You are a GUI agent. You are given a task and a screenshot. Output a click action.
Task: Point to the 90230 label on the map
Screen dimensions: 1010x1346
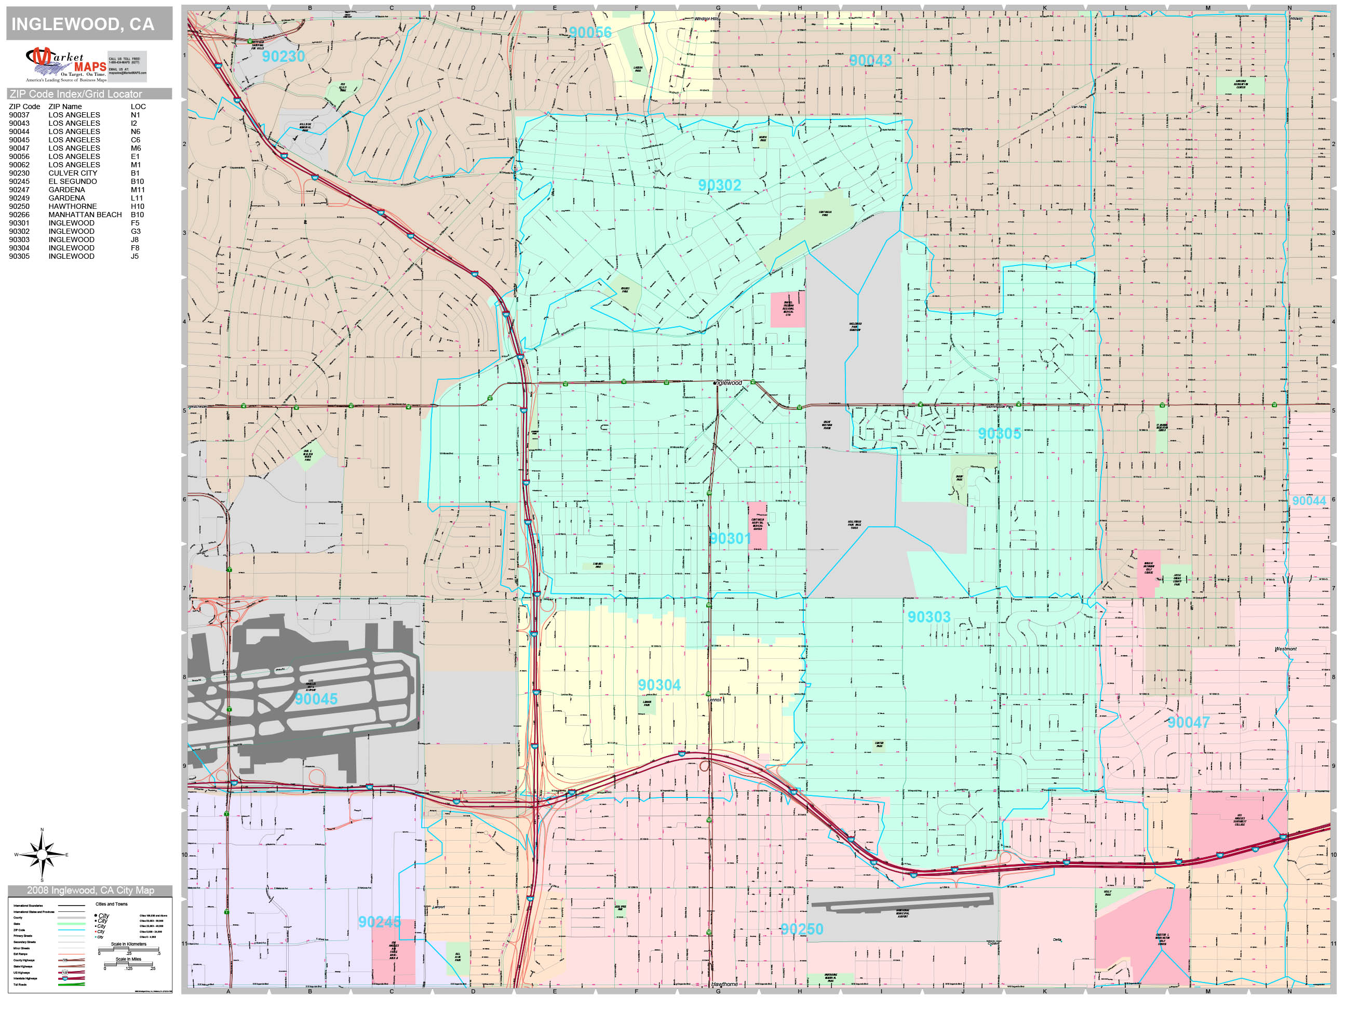click(283, 57)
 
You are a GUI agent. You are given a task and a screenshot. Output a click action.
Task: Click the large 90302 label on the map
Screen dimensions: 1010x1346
click(719, 185)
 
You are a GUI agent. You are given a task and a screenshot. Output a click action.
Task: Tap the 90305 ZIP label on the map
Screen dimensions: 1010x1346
click(999, 433)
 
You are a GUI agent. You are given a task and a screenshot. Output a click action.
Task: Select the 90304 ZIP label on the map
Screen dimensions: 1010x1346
click(659, 685)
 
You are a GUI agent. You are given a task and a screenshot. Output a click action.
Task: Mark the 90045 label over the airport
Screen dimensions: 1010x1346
click(316, 699)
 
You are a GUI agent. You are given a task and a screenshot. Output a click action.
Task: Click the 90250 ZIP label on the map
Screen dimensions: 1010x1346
click(801, 929)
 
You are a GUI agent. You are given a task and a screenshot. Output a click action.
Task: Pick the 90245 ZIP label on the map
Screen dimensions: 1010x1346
click(379, 922)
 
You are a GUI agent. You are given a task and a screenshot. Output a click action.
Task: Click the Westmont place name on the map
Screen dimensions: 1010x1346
click(1285, 649)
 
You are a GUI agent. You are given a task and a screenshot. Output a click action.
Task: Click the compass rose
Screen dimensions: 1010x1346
click(42, 855)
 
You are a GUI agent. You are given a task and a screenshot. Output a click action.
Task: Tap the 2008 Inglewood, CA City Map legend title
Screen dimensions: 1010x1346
click(90, 891)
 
